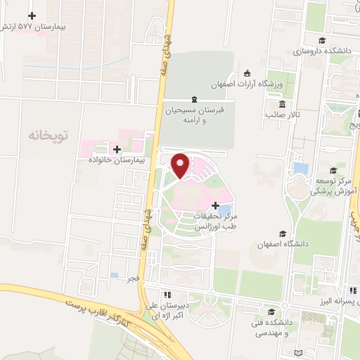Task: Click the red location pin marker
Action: click(x=181, y=165)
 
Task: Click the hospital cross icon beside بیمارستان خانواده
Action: click(x=117, y=149)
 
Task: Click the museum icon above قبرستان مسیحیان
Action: click(x=194, y=99)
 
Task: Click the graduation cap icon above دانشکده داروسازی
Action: click(x=322, y=40)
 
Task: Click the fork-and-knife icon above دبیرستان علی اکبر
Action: click(x=167, y=295)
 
